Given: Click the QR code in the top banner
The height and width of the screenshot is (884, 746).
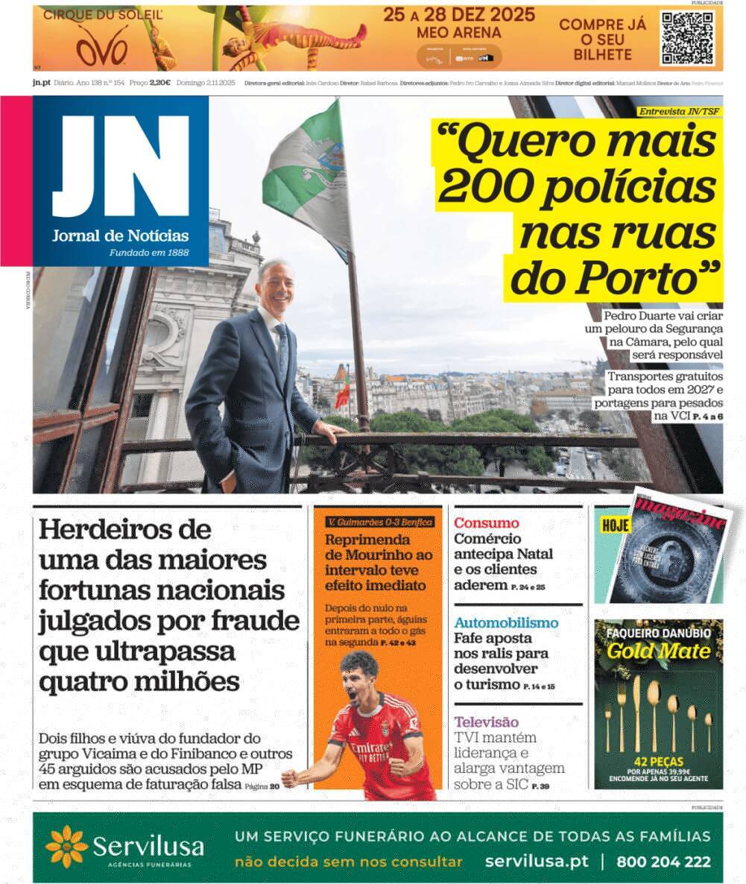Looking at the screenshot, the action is click(x=687, y=37).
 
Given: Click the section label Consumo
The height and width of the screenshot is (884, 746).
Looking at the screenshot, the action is click(x=487, y=523).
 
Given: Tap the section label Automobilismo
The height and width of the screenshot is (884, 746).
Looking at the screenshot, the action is click(x=506, y=622).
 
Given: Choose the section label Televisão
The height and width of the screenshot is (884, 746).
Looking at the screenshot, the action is click(x=486, y=722).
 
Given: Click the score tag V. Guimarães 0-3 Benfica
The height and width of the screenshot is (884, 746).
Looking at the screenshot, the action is click(x=379, y=522).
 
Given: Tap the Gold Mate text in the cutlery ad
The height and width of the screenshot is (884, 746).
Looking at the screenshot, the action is click(x=647, y=651).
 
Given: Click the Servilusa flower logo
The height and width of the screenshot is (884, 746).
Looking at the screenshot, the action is click(x=66, y=847).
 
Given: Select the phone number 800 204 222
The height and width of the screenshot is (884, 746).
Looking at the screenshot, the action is click(x=663, y=862).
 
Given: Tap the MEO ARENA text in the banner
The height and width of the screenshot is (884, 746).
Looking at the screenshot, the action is click(x=459, y=33).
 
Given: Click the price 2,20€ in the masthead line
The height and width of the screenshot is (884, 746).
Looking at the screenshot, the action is click(x=159, y=83).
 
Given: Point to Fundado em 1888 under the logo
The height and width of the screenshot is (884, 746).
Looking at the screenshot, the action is click(x=149, y=253).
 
